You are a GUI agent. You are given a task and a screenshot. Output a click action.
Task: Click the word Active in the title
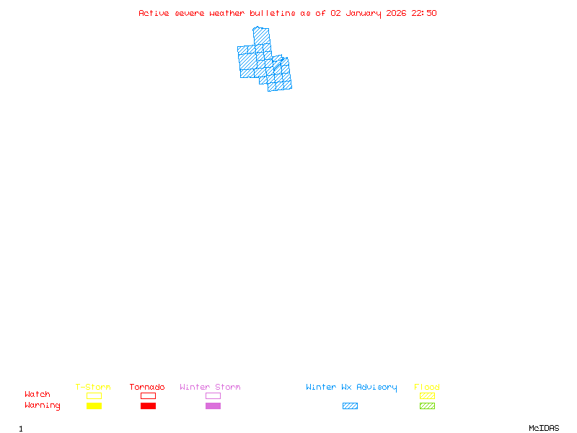154,13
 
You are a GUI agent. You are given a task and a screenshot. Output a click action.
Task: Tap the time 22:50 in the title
424,13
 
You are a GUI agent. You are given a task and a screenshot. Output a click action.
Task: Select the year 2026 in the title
397,13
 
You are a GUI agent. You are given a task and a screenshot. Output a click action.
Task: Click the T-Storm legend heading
93,387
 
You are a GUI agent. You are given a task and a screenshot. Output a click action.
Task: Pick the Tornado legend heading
147,387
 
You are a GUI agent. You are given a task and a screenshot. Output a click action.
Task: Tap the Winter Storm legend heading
210,387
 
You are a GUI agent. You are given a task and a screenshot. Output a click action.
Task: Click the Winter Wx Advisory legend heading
351,387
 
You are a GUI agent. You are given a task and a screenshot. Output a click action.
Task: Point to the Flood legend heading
427,387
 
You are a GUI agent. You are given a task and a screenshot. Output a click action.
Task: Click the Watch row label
38,395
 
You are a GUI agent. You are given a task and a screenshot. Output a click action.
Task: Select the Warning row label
43,406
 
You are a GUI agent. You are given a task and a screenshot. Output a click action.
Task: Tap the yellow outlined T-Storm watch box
94,395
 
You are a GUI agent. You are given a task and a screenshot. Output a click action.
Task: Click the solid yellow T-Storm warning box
94,406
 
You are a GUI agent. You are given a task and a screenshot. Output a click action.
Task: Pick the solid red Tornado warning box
148,406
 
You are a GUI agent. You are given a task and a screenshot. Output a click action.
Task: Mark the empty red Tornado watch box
148,395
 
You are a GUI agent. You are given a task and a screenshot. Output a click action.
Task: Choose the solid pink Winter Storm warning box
213,406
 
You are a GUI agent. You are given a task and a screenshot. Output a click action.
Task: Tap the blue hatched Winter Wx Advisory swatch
350,406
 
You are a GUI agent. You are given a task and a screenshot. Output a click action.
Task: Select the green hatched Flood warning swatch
427,406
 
